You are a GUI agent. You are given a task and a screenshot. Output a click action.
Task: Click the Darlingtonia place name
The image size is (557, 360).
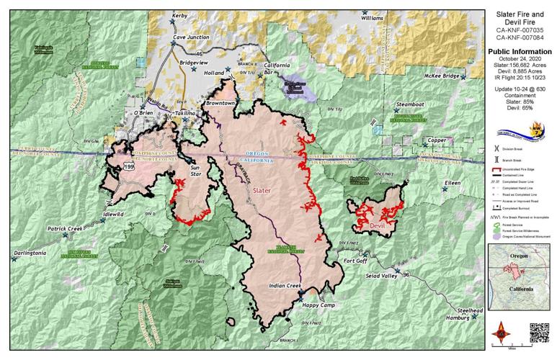tap(34, 253)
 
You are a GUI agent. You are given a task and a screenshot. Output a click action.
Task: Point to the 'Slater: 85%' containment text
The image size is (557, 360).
tap(522, 108)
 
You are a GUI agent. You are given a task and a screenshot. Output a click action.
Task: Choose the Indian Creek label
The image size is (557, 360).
tap(284, 287)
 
